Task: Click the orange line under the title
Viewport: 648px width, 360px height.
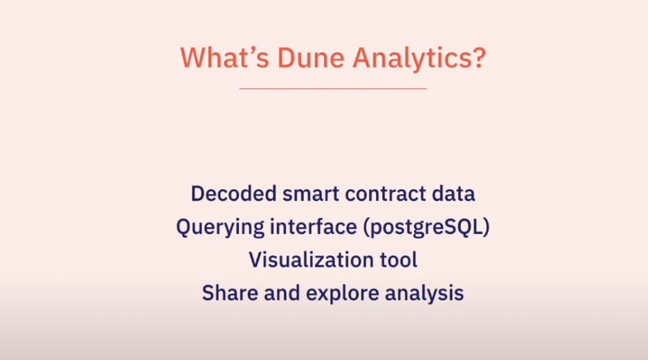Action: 333,89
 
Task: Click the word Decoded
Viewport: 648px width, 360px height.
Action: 233,193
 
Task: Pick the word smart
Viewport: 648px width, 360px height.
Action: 311,194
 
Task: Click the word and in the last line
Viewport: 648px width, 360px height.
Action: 282,293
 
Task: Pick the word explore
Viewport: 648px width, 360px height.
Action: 343,294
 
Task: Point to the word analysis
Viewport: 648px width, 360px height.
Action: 424,294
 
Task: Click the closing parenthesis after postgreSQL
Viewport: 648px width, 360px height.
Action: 485,228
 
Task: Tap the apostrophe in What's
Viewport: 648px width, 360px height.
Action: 252,50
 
